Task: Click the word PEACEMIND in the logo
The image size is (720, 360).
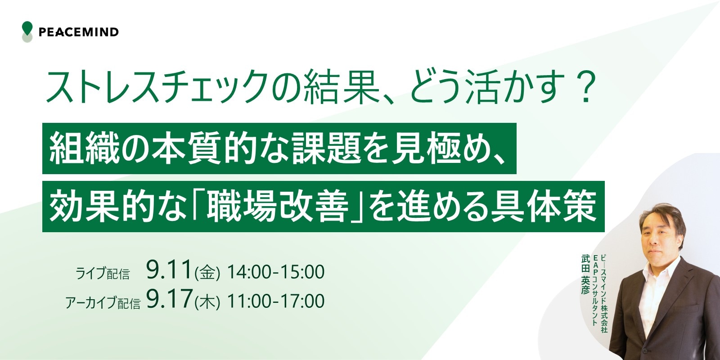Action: click(79, 32)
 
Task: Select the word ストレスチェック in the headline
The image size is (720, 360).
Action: click(157, 87)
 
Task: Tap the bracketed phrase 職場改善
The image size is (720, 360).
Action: click(278, 207)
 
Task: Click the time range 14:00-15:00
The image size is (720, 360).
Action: click(276, 272)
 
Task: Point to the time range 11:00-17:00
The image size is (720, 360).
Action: click(276, 301)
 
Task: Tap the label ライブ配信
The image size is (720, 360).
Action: click(103, 274)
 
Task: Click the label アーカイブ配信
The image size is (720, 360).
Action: click(103, 302)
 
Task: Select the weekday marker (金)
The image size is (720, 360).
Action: click(207, 273)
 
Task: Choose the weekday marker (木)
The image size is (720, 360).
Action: click(207, 302)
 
